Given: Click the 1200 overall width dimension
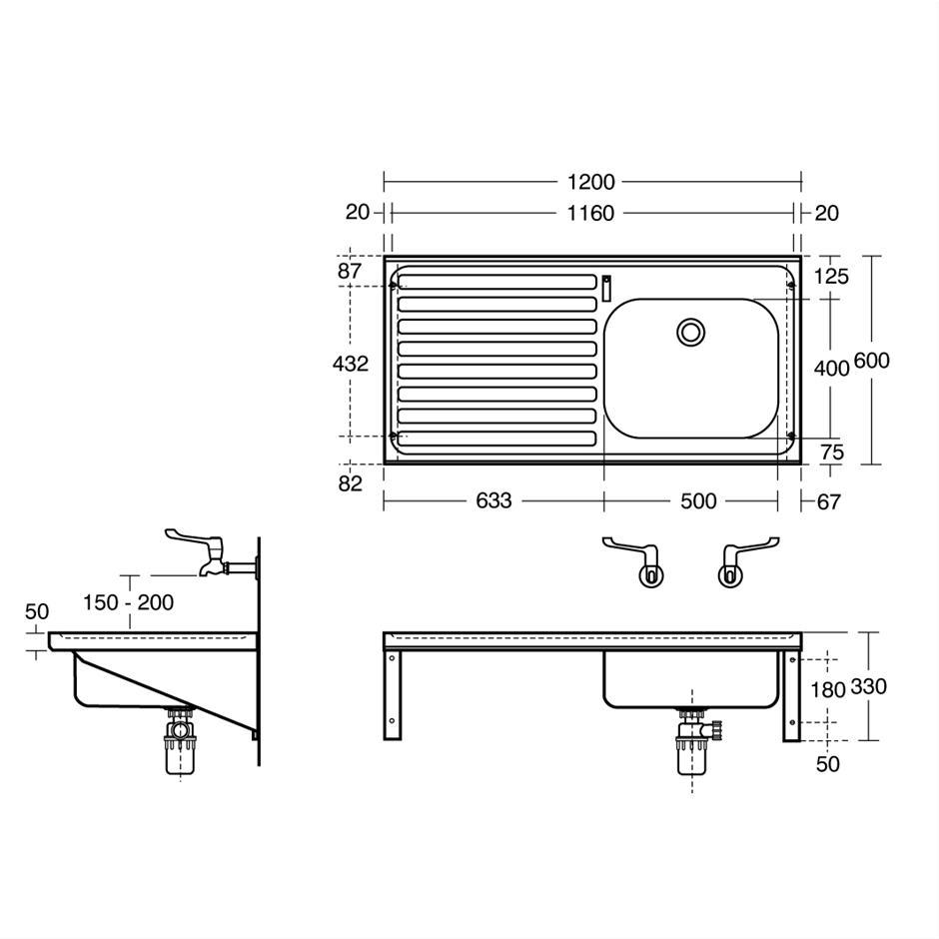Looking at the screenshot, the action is pos(590,182).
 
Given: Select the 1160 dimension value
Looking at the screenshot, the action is pos(590,213).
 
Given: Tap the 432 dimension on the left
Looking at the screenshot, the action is pos(351,364).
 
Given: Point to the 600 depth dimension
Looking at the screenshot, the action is pos(871,361).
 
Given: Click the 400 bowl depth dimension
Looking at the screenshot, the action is pos(831,369).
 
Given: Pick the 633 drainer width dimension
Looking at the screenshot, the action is pos(493,500).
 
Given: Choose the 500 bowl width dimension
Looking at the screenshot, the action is pos(698,500).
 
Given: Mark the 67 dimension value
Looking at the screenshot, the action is pos(829,501).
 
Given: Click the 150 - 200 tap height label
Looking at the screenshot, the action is pos(128,602).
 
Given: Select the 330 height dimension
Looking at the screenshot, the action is pos(868,686).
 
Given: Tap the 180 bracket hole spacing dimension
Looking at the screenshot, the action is pos(827,690).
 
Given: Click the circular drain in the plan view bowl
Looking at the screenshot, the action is pos(691,332).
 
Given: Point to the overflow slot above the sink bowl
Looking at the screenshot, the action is pos(606,289).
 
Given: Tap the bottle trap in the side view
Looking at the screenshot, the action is pos(180,741).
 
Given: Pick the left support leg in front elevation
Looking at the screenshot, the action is pos(393,694).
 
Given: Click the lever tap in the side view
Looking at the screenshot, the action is pos(210,553).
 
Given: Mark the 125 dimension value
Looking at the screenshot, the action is pos(831,276).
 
